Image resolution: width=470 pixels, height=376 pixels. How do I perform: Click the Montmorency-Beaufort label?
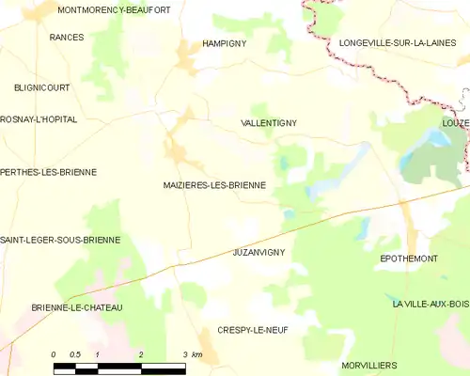point(114,9)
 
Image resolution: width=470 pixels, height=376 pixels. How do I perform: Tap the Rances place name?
point(67,38)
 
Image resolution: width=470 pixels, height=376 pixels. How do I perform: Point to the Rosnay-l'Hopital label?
point(39,120)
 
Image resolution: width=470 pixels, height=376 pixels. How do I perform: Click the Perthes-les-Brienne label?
point(48,172)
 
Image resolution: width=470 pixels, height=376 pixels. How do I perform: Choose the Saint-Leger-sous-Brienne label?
point(60,240)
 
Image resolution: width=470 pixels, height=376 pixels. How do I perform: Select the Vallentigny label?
point(269,123)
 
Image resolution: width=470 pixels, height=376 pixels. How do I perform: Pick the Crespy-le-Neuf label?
point(252,330)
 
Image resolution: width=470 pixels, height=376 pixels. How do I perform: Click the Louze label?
point(455,123)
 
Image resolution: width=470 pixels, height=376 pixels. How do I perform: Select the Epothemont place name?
point(409,258)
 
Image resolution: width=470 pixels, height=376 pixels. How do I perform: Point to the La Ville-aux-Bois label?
point(431,304)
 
